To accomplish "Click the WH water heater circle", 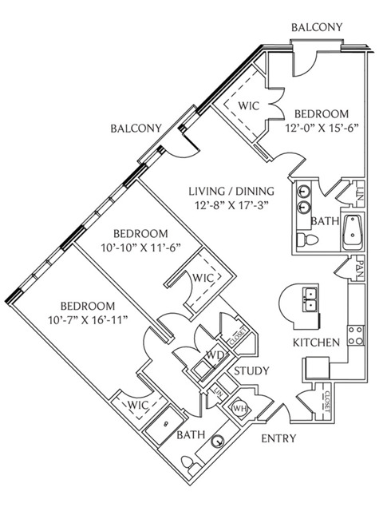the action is click(239, 408).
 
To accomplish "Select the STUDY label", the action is click(252, 370).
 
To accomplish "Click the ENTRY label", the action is click(278, 438).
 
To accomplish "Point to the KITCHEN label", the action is click(316, 343).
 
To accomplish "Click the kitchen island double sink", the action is click(310, 300).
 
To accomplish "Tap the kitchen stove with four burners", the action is click(356, 335).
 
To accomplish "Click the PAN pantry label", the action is click(360, 269).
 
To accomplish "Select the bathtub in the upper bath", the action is click(353, 232).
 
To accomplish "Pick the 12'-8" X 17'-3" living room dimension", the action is click(231, 206).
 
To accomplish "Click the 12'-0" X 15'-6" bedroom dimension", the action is click(322, 128).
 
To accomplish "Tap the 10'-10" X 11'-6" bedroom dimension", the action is click(140, 248).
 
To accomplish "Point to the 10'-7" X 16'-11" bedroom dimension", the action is click(88, 320).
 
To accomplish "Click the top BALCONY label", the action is click(317, 27).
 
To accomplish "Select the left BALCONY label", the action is click(136, 129).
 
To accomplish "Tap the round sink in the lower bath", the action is click(218, 442).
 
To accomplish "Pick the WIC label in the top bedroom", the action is click(248, 106).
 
